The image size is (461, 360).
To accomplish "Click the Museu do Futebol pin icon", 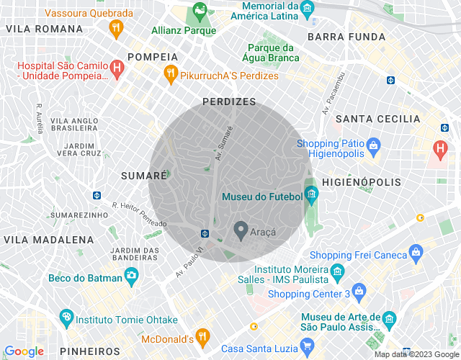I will [311, 193].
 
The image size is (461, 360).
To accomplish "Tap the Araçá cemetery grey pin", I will [241, 231].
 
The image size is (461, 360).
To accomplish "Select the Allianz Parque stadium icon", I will [198, 12].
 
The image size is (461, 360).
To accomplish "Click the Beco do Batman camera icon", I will [131, 274].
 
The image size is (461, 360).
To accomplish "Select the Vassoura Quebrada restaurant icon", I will [115, 29].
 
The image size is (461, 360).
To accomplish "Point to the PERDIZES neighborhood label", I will [229, 102].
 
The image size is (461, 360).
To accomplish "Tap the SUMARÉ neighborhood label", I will [138, 175].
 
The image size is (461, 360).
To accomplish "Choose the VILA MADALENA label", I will [49, 239].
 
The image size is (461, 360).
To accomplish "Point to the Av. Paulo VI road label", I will [190, 260].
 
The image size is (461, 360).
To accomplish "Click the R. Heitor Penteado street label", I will [139, 214].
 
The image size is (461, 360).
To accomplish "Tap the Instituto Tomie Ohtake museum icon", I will [67, 317].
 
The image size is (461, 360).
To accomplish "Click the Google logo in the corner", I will [24, 351].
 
